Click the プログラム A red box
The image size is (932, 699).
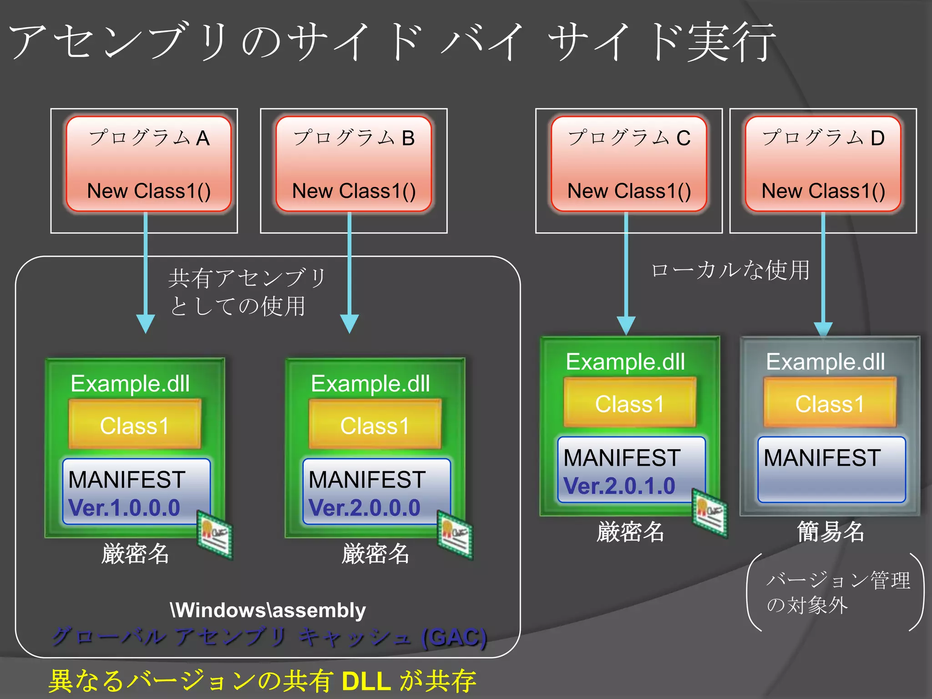click(148, 164)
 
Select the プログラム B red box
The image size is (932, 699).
click(354, 164)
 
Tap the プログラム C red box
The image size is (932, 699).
click(629, 164)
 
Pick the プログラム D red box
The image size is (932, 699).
click(823, 164)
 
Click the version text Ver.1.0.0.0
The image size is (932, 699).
click(124, 508)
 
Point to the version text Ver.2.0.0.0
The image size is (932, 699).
click(364, 508)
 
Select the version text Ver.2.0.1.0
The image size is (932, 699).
click(619, 486)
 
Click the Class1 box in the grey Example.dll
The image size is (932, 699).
click(830, 403)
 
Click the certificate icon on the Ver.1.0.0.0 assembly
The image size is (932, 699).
click(215, 534)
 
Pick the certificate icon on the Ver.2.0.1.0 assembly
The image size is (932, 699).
click(710, 513)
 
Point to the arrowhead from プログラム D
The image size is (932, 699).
click(823, 329)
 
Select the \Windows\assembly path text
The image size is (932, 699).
click(268, 610)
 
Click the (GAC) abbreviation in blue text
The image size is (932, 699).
click(454, 637)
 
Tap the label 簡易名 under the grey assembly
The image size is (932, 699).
click(831, 532)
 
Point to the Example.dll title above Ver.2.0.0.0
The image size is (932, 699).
click(370, 384)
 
